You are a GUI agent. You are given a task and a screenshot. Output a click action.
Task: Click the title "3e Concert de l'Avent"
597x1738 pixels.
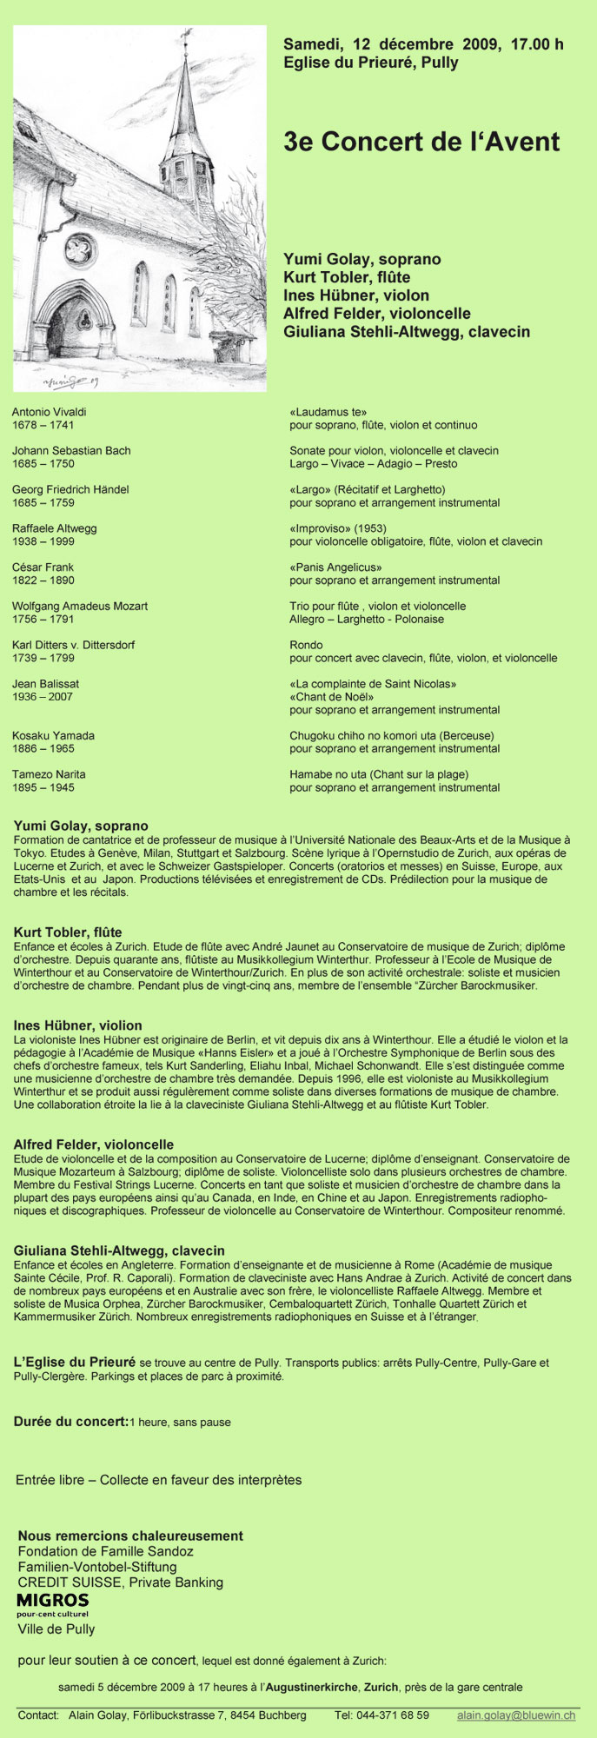tap(421, 143)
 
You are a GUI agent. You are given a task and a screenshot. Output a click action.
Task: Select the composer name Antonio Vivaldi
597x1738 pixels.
tap(50, 412)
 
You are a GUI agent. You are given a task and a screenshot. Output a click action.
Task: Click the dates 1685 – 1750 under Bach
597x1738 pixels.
tap(43, 464)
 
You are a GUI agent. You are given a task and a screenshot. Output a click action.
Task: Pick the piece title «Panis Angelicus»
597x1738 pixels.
tap(335, 567)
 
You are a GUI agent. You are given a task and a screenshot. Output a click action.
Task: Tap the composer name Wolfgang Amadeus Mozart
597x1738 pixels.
tap(80, 607)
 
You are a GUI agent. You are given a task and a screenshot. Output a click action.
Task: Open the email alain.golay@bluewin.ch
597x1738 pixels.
tap(516, 1716)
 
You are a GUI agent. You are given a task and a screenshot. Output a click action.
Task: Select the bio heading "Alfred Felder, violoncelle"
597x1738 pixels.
tap(94, 1145)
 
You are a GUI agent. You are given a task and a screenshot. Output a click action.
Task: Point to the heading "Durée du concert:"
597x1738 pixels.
tap(70, 1422)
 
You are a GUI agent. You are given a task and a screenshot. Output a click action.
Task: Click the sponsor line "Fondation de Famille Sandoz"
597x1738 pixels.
tap(106, 1551)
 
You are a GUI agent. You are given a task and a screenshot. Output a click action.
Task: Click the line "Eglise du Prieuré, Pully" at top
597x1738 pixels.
tap(371, 63)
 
